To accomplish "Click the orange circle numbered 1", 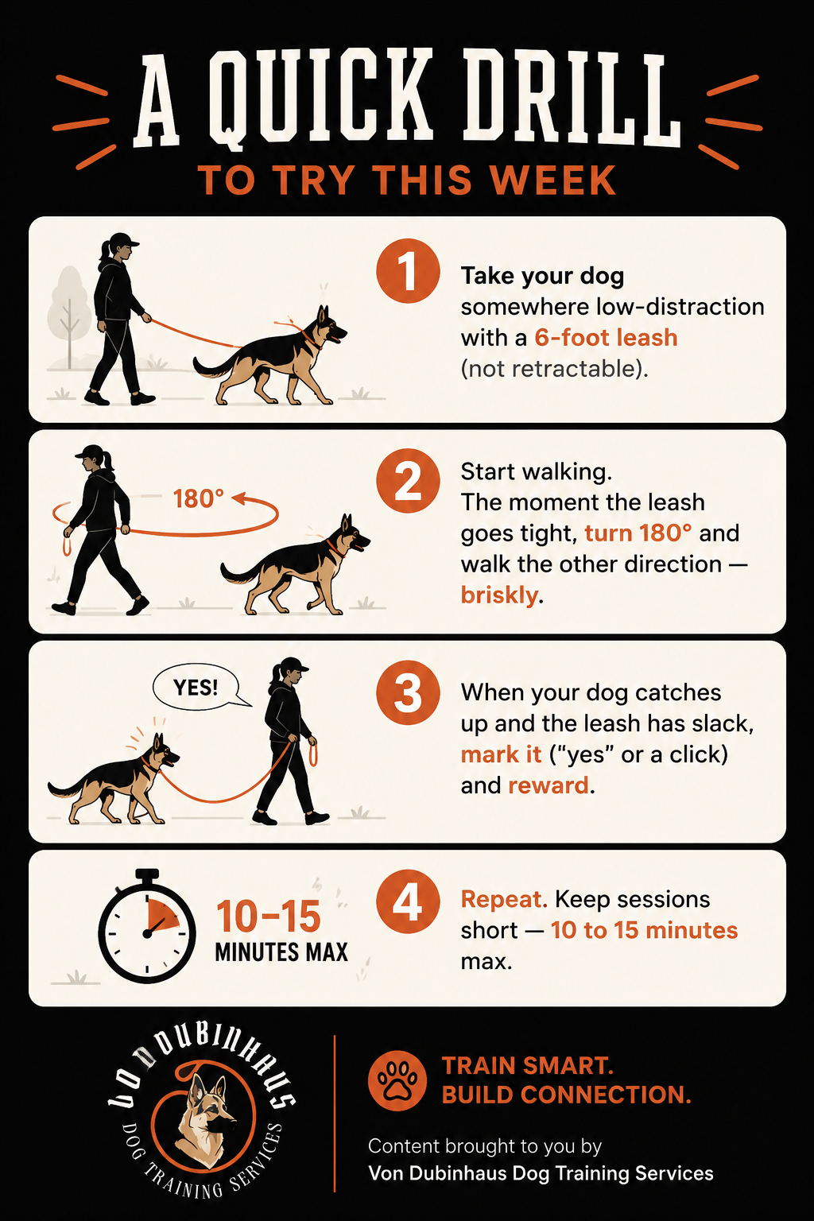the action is pyautogui.click(x=408, y=270).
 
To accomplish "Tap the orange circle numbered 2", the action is pyautogui.click(x=408, y=481).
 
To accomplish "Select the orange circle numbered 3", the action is pyautogui.click(x=408, y=693).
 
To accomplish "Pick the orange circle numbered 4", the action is pyautogui.click(x=408, y=901).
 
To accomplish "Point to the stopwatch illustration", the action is pyautogui.click(x=146, y=926).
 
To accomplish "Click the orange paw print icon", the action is pyautogui.click(x=397, y=1081).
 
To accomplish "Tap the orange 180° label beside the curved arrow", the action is pyautogui.click(x=198, y=498).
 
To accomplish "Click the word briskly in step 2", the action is pyautogui.click(x=499, y=595).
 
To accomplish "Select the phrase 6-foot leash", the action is pyautogui.click(x=606, y=337).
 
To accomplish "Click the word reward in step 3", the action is pyautogui.click(x=548, y=785).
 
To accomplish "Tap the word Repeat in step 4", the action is pyautogui.click(x=504, y=900).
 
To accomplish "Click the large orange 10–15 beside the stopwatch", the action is pyautogui.click(x=269, y=916).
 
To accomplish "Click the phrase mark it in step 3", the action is pyautogui.click(x=501, y=755).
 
